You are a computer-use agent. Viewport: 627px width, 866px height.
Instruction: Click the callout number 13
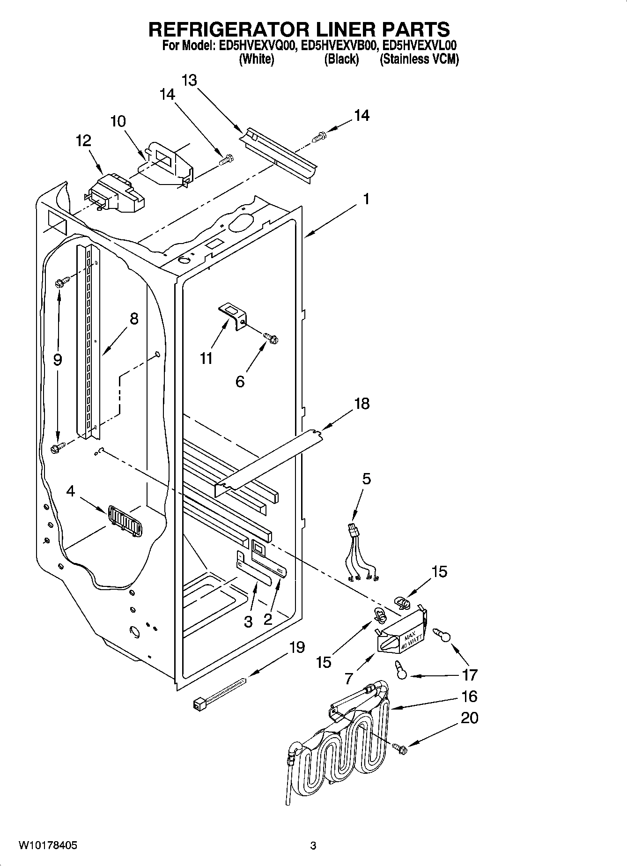click(189, 81)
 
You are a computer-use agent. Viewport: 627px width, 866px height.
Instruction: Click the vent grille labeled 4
click(125, 520)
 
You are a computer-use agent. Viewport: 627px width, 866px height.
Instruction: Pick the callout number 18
click(361, 403)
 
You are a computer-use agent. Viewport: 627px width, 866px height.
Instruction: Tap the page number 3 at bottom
click(313, 846)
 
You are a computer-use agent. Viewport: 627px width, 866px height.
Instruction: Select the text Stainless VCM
click(419, 59)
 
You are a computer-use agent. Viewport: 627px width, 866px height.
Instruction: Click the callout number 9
click(57, 360)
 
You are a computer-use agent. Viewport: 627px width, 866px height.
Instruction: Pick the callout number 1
click(366, 199)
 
